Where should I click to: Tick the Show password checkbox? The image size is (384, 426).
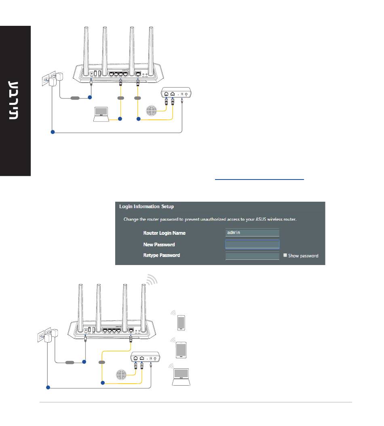click(x=285, y=255)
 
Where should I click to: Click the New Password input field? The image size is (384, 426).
click(x=252, y=244)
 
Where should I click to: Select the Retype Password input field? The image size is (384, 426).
click(x=252, y=256)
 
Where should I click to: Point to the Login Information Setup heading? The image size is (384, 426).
click(x=146, y=207)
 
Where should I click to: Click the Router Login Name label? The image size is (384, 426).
click(x=164, y=233)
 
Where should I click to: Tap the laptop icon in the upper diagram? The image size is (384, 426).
click(x=101, y=114)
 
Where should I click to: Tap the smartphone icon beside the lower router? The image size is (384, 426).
click(x=181, y=322)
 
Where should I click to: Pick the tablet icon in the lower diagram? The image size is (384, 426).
click(x=181, y=349)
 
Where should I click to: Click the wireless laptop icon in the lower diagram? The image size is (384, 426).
click(x=181, y=377)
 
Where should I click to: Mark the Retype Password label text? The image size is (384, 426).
click(x=161, y=255)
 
